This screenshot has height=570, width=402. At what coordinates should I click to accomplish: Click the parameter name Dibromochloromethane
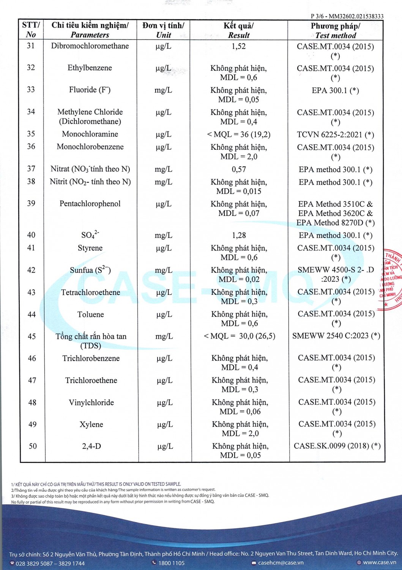[x=90, y=46]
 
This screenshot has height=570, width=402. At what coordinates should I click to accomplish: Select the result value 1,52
[x=238, y=46]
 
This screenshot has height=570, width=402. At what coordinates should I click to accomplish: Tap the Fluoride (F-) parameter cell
[x=90, y=90]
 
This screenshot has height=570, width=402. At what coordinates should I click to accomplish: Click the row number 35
[x=31, y=134]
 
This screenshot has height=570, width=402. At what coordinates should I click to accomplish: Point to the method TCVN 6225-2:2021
[x=335, y=135]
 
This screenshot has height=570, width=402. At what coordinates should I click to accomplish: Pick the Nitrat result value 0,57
[x=239, y=169]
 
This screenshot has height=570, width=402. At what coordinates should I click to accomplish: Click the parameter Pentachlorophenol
[x=90, y=204]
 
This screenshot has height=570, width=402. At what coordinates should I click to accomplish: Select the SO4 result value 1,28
[x=239, y=235]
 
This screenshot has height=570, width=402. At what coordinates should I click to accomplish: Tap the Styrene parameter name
[x=90, y=248]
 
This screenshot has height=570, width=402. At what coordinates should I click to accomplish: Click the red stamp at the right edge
[x=391, y=279]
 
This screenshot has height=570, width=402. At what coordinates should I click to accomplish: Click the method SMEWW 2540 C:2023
[x=336, y=336]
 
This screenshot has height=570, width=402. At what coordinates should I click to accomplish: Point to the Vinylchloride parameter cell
[x=91, y=402]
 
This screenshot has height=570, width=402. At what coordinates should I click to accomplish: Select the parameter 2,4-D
[x=91, y=446]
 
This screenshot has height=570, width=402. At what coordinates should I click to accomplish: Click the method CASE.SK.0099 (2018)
[x=337, y=446]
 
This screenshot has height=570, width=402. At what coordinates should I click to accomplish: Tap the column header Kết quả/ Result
[x=238, y=30]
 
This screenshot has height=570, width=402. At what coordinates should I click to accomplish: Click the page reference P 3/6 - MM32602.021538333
[x=347, y=16]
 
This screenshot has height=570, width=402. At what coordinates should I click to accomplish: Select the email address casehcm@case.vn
[x=281, y=562]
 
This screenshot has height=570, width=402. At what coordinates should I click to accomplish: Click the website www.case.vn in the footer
[x=379, y=562]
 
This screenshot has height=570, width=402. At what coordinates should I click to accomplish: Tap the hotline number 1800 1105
[x=171, y=563]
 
